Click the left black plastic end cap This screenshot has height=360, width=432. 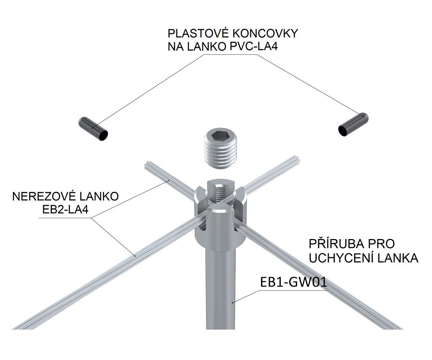pos(93,128)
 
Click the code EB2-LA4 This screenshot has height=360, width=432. pos(63,210)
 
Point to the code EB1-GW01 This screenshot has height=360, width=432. pos(293,282)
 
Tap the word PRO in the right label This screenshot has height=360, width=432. pos(383,244)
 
